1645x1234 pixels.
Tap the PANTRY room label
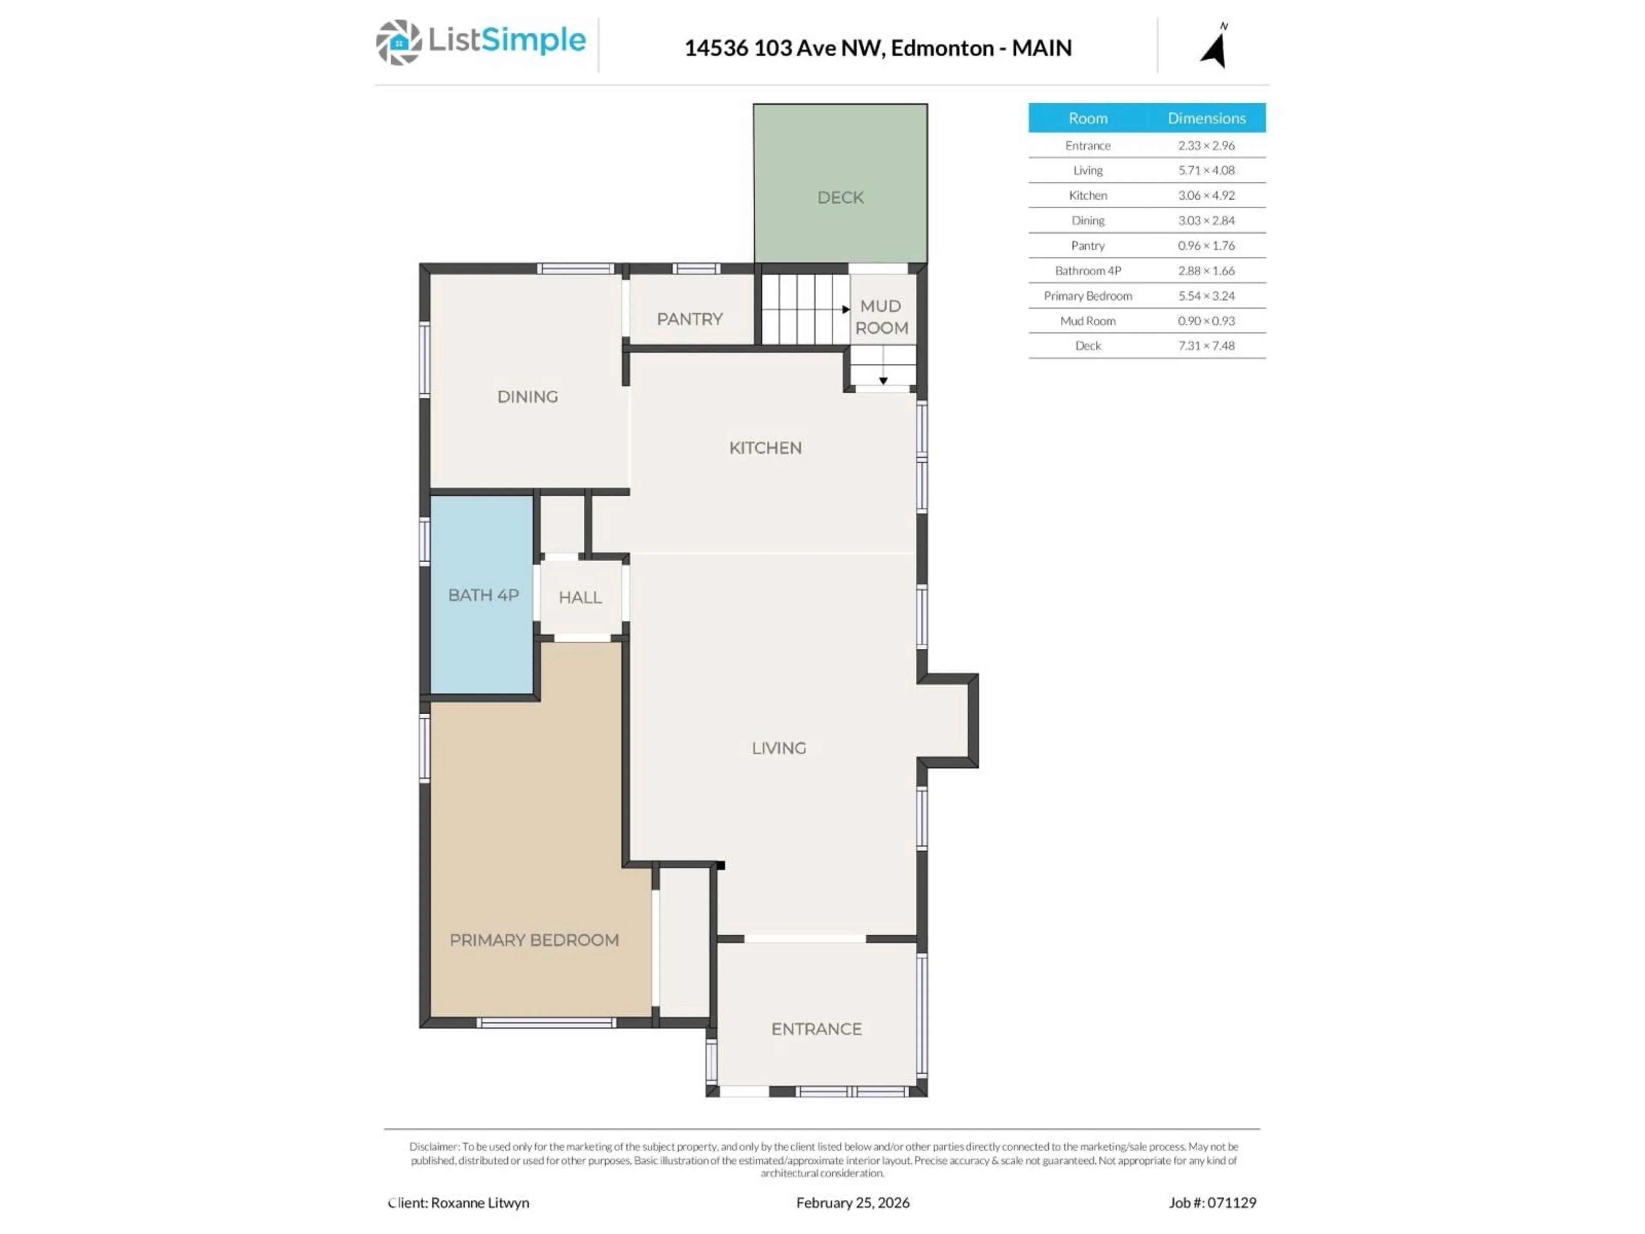pyautogui.click(x=689, y=319)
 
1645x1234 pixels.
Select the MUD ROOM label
pyautogui.click(x=881, y=317)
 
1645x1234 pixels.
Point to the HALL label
pyautogui.click(x=580, y=597)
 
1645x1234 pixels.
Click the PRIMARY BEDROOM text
pyautogui.click(x=534, y=940)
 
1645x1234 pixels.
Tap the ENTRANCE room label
pyautogui.click(x=816, y=1029)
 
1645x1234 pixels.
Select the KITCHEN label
pyautogui.click(x=765, y=448)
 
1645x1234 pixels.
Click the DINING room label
pyautogui.click(x=527, y=396)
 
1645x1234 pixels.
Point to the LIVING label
pyautogui.click(x=779, y=748)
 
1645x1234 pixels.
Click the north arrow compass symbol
pyautogui.click(x=1214, y=48)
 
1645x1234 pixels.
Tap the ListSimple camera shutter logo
pyautogui.click(x=398, y=42)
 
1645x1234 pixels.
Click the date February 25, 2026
pyautogui.click(x=852, y=1203)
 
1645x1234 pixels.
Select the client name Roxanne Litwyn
pyautogui.click(x=480, y=1203)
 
